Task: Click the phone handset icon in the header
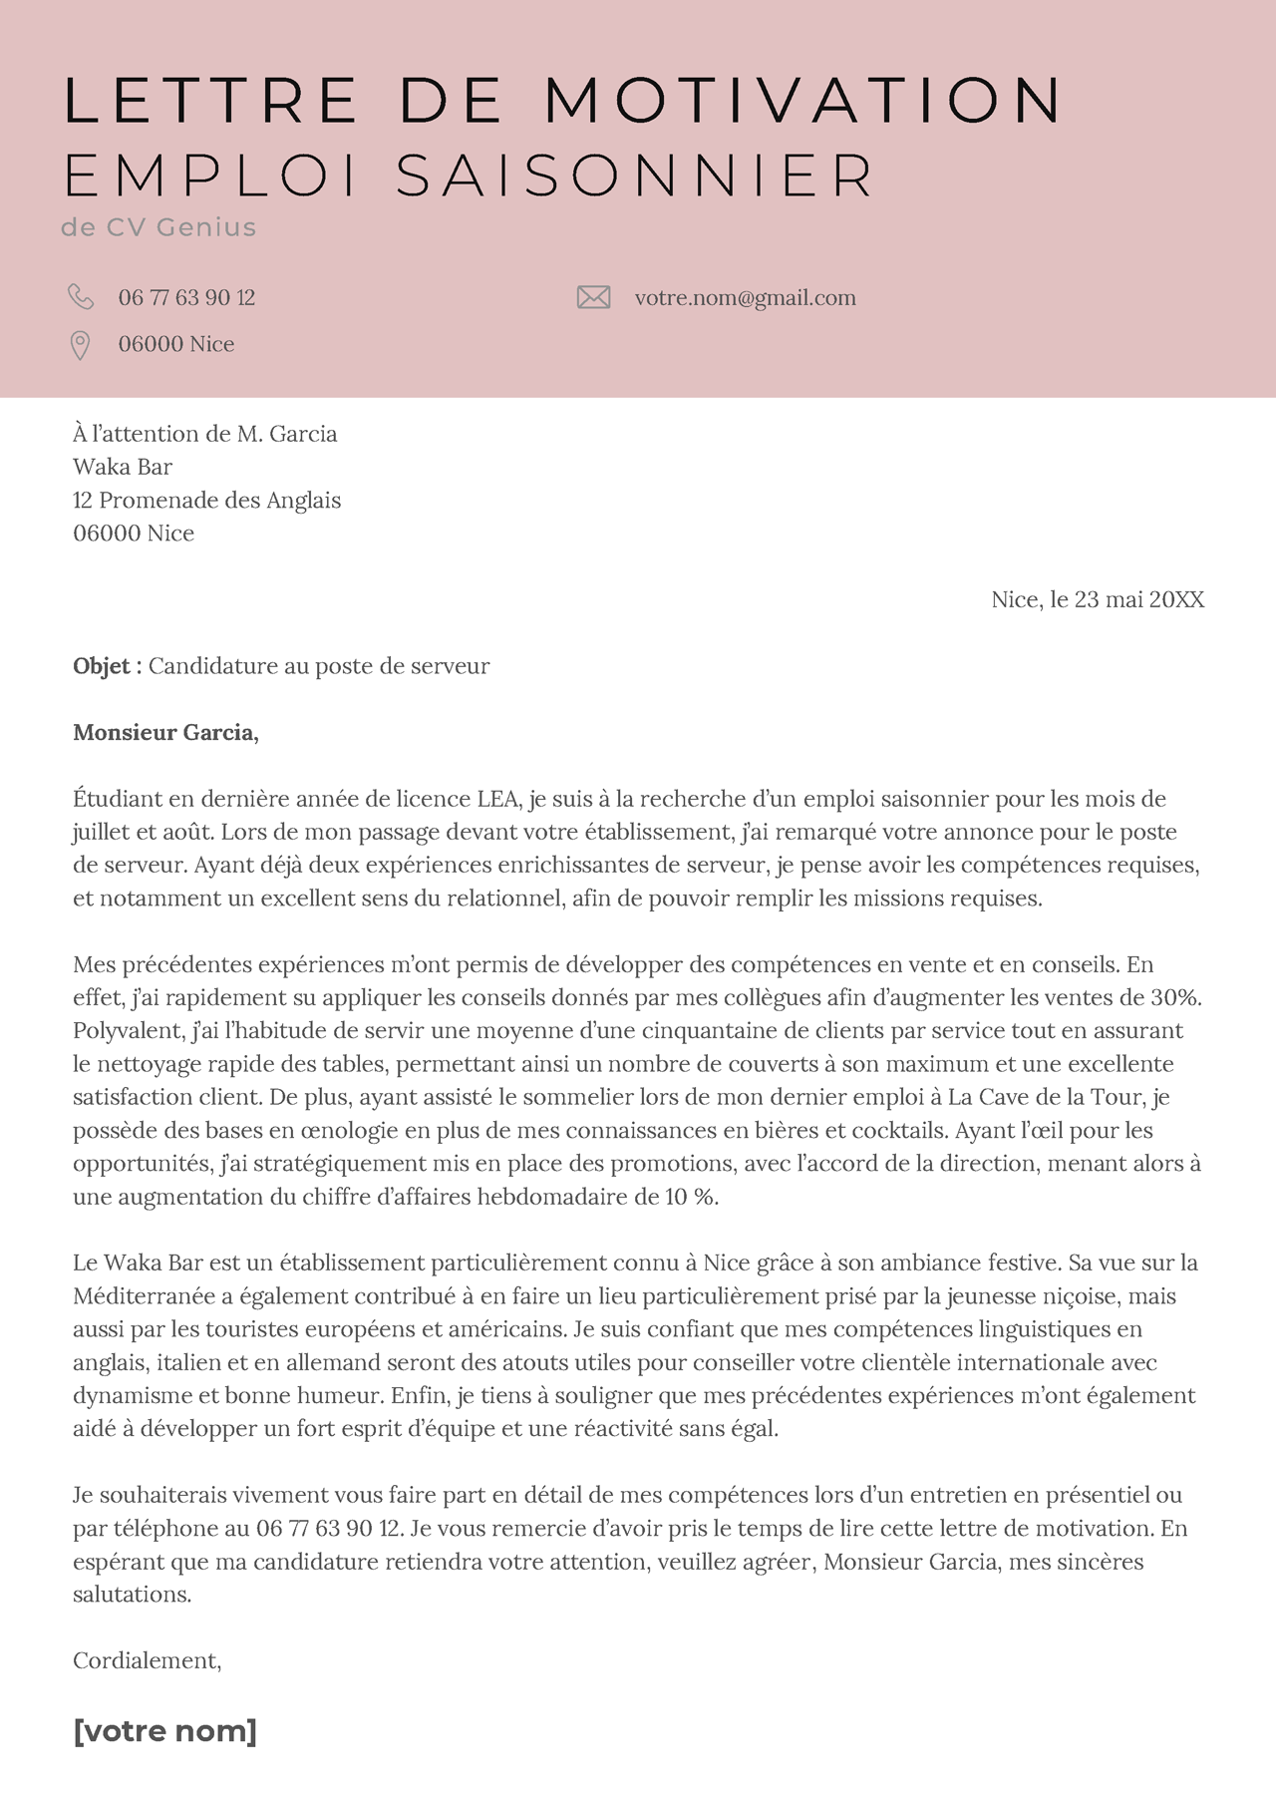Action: point(80,297)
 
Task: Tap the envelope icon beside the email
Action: point(593,297)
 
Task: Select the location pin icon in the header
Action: point(80,345)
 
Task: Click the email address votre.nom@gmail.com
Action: point(745,297)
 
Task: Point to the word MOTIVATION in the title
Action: point(803,101)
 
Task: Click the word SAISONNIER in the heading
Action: point(635,177)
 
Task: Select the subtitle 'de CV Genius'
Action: point(159,227)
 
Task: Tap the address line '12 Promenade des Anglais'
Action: point(206,500)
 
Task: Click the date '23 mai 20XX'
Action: point(1138,599)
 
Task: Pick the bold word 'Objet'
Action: point(102,666)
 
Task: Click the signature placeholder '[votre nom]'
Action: point(164,1730)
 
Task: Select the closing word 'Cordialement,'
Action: point(147,1660)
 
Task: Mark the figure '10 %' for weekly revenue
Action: point(691,1197)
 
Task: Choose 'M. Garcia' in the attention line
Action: point(286,434)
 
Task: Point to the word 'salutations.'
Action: point(132,1595)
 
